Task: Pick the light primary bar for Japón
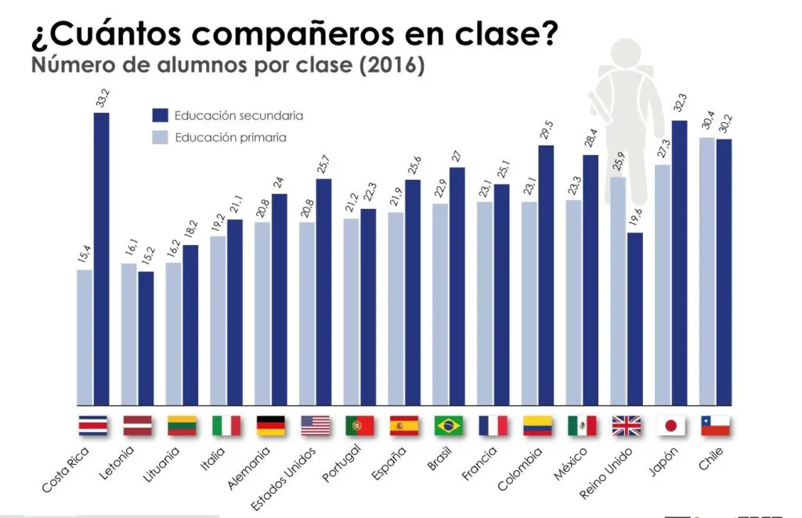click(x=662, y=286)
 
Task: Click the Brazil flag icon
click(x=449, y=426)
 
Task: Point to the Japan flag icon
click(x=670, y=426)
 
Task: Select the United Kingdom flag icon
click(x=627, y=426)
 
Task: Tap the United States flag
click(x=316, y=426)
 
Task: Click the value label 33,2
click(x=102, y=96)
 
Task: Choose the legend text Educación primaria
click(x=230, y=138)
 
